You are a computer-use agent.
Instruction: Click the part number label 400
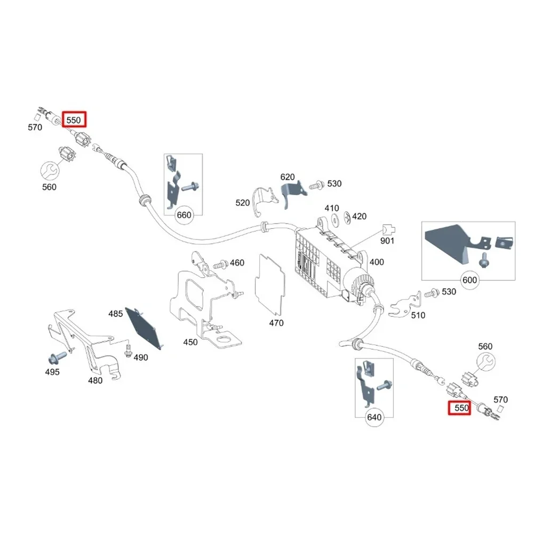[x=377, y=262]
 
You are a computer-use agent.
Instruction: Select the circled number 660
[x=184, y=215]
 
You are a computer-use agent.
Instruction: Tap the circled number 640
[x=374, y=417]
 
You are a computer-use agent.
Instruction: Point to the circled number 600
[x=470, y=280]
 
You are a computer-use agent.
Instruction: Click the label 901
[x=387, y=241]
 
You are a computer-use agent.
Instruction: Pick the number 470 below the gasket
[x=276, y=323]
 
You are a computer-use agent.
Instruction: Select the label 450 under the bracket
[x=190, y=342]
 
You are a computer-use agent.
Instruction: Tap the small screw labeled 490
[x=127, y=350]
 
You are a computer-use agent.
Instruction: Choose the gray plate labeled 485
[x=144, y=328]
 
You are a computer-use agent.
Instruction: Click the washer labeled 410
[x=335, y=218]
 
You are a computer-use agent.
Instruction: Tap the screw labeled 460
[x=219, y=264]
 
